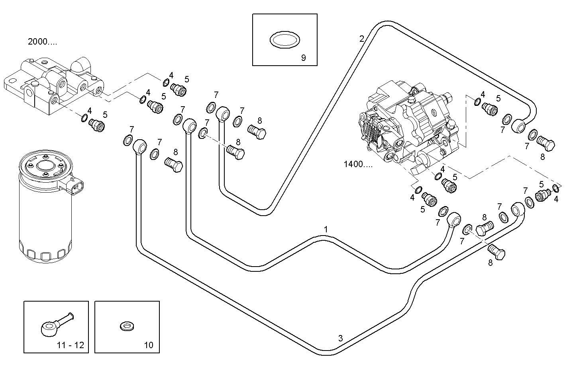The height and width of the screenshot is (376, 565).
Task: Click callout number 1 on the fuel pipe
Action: coord(326,230)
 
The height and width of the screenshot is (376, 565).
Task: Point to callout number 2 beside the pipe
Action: coord(361,39)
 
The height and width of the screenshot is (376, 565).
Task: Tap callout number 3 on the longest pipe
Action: coord(340,338)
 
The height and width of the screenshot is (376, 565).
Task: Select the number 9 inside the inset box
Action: coord(303,58)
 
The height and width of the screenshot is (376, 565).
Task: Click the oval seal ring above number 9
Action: coord(284,40)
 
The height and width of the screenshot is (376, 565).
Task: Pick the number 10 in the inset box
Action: coord(148,345)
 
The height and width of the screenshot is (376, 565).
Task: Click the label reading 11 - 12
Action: coord(71,345)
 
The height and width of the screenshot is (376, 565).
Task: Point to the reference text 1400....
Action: coord(358,164)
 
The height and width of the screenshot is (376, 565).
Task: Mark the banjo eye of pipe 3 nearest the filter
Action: coord(139,146)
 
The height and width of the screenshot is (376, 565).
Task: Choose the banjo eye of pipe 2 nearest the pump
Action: coord(519,126)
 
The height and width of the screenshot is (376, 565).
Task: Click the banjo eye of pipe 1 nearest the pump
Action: coord(454,219)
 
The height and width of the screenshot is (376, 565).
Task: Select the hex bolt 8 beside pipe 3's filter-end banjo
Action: coord(173,164)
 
